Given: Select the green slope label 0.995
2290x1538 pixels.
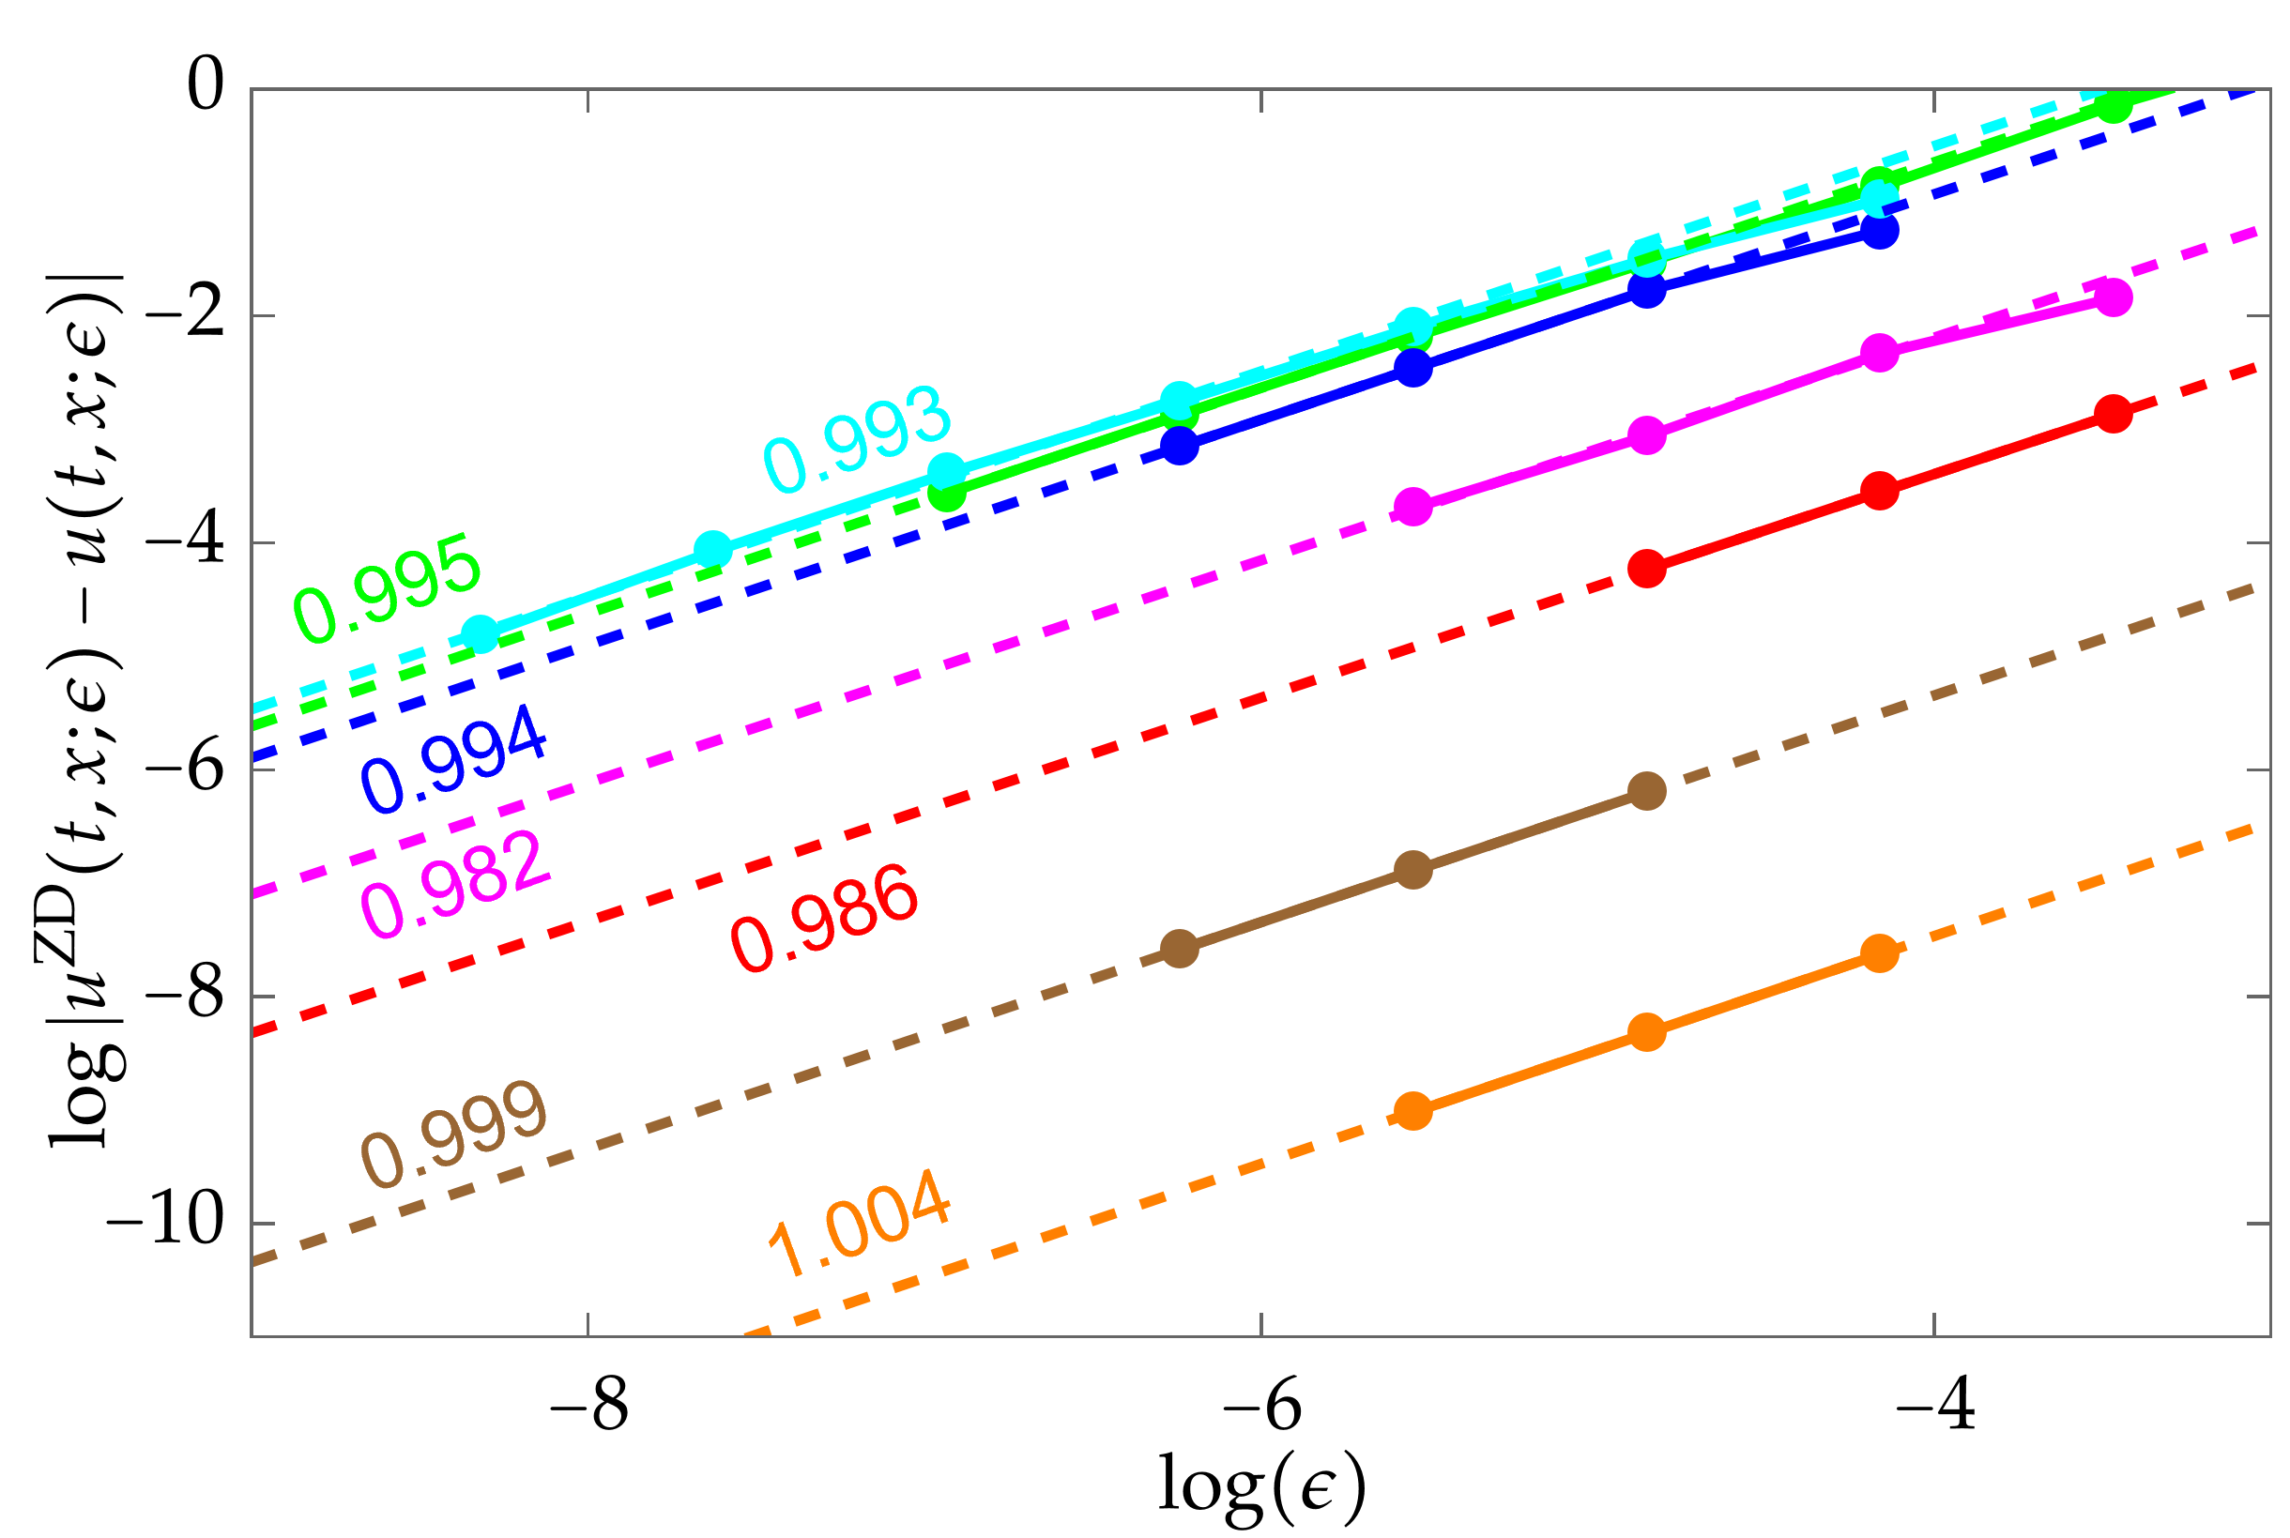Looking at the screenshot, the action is tap(388, 587).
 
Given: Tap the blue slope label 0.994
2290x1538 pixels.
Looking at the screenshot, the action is tap(453, 757).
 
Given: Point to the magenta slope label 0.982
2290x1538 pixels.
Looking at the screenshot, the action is tap(453, 883).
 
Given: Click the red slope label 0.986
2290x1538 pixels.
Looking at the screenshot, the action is tap(825, 917).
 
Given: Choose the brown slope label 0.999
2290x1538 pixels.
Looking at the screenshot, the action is tap(453, 1134).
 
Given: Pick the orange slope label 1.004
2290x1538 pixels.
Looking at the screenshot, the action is tap(858, 1222).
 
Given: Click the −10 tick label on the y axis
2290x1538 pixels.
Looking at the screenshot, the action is tap(165, 1222).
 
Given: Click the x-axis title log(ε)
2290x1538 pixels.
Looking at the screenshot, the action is tap(1261, 1485).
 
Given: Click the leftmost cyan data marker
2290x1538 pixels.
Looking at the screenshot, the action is tap(480, 634).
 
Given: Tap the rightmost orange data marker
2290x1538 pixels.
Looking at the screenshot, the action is tap(1879, 952).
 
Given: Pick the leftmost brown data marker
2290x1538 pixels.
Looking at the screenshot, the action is tap(1179, 949).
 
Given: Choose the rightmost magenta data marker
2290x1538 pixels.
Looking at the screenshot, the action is tap(2114, 297).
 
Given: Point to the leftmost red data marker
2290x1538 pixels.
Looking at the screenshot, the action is tap(1647, 568).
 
